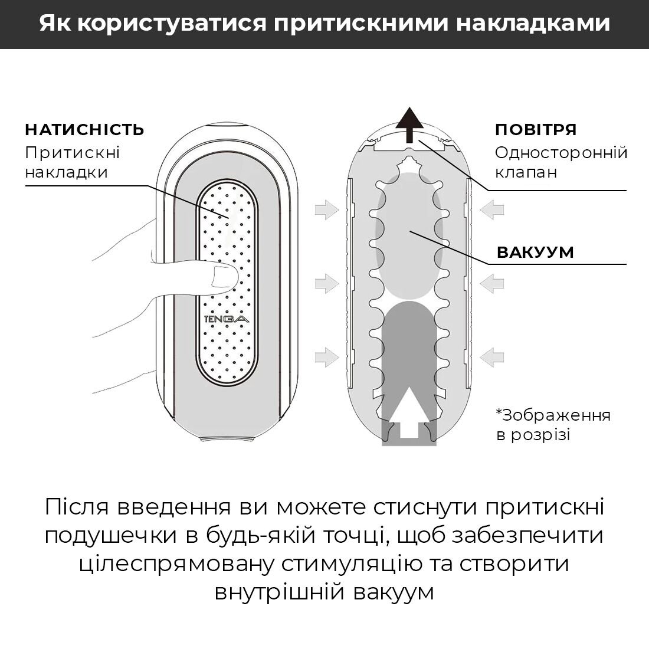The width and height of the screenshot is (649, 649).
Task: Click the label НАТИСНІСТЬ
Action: [x=84, y=130]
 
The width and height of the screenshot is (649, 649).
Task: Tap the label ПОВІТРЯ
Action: [x=535, y=130]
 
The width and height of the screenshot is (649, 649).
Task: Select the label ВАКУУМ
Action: [x=535, y=253]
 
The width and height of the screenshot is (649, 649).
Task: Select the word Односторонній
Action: [x=560, y=153]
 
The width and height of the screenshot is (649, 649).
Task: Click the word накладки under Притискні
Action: [x=67, y=172]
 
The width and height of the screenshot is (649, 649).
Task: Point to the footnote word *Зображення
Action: [x=553, y=415]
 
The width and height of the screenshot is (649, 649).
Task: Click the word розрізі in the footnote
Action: [x=545, y=435]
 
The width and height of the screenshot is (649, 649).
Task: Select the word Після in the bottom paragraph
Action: [x=77, y=508]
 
